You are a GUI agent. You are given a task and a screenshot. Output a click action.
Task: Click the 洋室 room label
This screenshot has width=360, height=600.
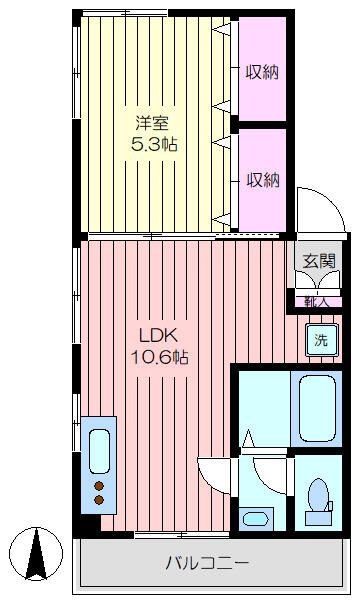[x=153, y=124]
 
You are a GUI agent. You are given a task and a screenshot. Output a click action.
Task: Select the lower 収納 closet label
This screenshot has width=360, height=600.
[x=263, y=180]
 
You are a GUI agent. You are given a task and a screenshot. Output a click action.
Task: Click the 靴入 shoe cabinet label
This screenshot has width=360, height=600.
[x=316, y=300]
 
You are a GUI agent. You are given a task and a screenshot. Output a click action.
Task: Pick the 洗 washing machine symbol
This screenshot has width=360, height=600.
[x=321, y=340]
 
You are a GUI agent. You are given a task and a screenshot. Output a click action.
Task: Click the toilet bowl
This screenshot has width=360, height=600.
[x=319, y=495]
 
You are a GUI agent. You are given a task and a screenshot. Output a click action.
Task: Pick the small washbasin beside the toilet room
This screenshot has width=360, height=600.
[x=256, y=518]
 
